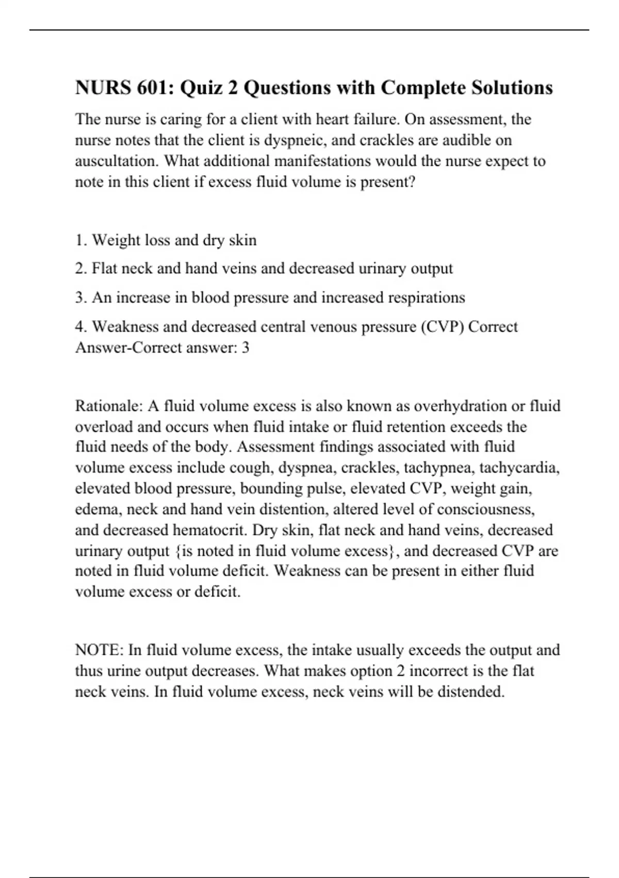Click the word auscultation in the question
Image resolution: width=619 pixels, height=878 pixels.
[x=117, y=161]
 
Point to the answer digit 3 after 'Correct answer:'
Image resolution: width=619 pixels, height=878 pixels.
[x=246, y=348]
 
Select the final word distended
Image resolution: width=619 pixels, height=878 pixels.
[x=470, y=691]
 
